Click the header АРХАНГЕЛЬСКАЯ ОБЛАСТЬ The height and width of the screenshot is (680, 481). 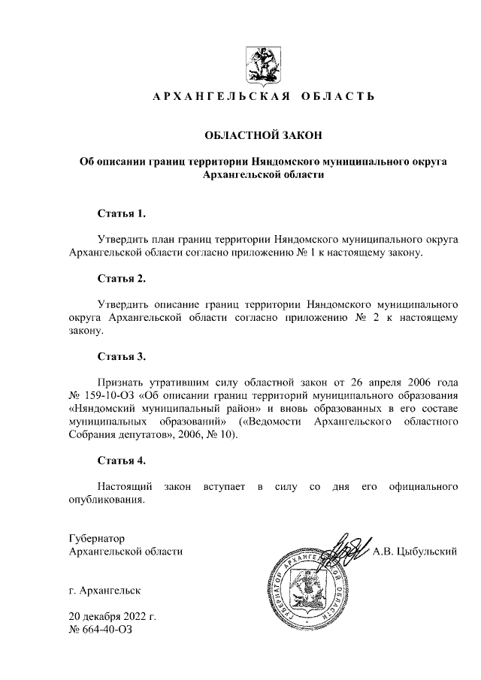tap(263, 97)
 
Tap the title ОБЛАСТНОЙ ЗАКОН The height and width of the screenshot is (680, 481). tap(263, 136)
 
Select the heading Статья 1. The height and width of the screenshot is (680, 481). tap(121, 213)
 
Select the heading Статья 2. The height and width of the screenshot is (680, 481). tap(121, 279)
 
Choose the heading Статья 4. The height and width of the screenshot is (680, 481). tap(121, 460)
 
